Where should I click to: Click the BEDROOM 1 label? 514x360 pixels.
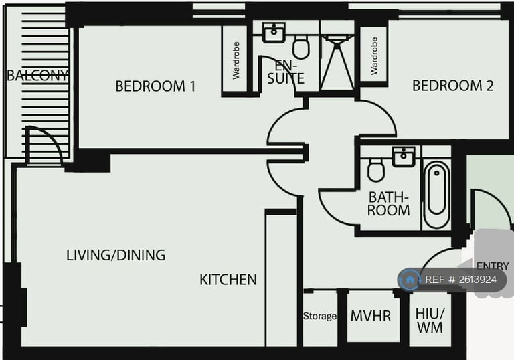(x=155, y=86)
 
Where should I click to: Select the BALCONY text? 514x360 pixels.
(x=37, y=76)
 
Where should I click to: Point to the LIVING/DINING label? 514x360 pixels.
(x=116, y=255)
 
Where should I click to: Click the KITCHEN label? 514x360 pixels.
(x=228, y=280)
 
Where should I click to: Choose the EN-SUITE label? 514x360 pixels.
(x=286, y=72)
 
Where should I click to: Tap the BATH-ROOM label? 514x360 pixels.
(x=388, y=203)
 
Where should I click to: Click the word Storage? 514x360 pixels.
(x=320, y=316)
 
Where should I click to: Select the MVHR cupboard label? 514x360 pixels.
(x=370, y=316)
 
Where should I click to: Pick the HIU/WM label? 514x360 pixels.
(x=429, y=321)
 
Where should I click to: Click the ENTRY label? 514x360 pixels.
(x=493, y=266)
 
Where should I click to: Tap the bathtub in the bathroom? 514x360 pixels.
(x=436, y=195)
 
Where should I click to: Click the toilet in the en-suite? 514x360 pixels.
(x=301, y=47)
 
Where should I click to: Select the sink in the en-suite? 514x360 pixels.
(x=274, y=31)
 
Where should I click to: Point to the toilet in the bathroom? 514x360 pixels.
(x=376, y=171)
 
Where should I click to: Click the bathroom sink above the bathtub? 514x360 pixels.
(x=404, y=157)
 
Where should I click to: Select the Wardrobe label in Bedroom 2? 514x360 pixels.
(x=374, y=56)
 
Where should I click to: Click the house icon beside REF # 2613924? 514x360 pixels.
(x=410, y=280)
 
